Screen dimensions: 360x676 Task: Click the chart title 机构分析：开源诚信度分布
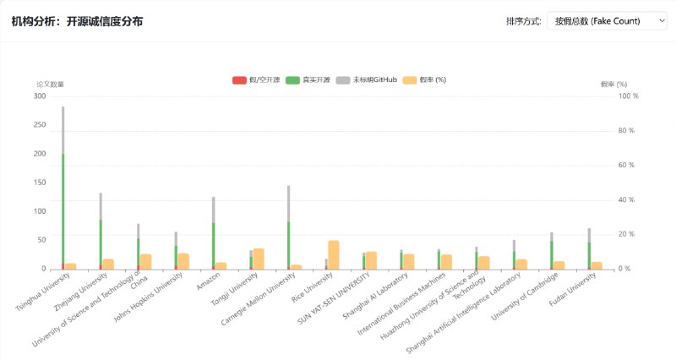pyautogui.click(x=77, y=21)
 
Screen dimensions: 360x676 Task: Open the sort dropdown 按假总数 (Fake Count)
pyautogui.click(x=607, y=21)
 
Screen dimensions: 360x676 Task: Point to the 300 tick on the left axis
pyautogui.click(x=39, y=96)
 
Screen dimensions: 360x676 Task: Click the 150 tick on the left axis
pyautogui.click(x=39, y=183)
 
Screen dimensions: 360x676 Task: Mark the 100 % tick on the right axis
pyautogui.click(x=629, y=96)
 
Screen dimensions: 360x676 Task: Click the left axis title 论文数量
pyautogui.click(x=50, y=85)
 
